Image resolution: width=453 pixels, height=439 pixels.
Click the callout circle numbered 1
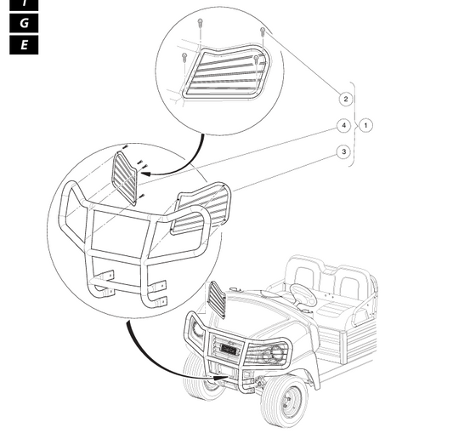point(365,126)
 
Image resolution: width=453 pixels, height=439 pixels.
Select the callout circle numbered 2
point(346,100)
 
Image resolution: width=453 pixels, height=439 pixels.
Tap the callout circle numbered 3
point(344,151)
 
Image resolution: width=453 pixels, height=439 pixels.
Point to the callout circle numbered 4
point(344,126)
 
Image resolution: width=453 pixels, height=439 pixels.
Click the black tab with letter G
point(24,23)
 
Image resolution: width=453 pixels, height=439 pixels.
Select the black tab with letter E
point(24,45)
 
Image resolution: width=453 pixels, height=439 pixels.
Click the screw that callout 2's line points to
point(263,31)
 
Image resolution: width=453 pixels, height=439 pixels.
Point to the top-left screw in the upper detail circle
point(200,23)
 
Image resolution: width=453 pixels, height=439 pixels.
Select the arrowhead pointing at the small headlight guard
point(146,174)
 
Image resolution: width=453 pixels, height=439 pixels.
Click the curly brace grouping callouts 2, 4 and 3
point(354,125)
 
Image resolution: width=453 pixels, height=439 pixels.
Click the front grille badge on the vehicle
point(229,349)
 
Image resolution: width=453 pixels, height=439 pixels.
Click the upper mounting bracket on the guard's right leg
point(159,286)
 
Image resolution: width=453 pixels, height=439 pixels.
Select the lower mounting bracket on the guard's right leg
point(160,302)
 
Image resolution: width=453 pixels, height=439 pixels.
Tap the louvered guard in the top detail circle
point(228,72)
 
